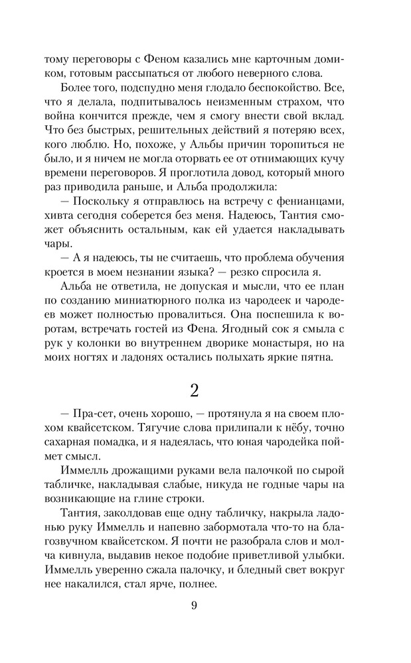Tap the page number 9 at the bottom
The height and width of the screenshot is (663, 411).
195,605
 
